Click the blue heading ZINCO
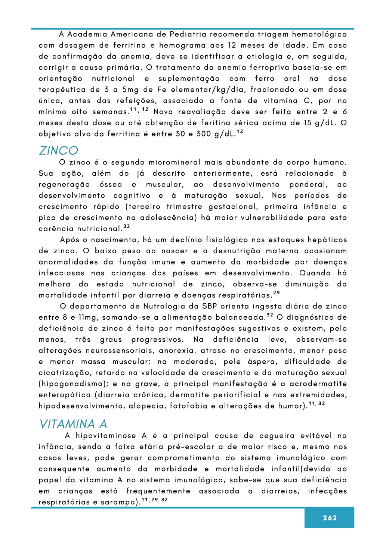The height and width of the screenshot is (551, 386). coord(59,151)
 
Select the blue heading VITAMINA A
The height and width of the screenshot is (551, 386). coord(73,424)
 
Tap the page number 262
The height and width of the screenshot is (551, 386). coord(330,518)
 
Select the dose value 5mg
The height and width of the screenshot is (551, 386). coord(130,90)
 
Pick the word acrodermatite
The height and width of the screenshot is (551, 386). coord(318,384)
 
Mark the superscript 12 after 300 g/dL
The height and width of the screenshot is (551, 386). coord(240,132)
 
